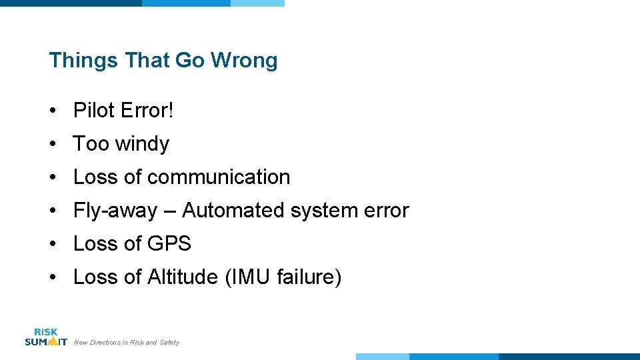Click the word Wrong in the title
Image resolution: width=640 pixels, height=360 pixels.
[x=244, y=61]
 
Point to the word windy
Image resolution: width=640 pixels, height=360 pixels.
[x=142, y=144]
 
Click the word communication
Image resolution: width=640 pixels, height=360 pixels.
[x=219, y=177]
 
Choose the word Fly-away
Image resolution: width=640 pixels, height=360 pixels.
[x=115, y=211]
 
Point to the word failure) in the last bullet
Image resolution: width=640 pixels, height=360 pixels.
[x=310, y=277]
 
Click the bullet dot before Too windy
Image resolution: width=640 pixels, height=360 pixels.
[x=53, y=144]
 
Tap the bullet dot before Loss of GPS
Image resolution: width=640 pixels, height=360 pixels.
[x=53, y=244]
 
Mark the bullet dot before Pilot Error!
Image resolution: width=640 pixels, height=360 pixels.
[x=53, y=111]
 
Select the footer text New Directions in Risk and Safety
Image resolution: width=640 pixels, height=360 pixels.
[x=126, y=343]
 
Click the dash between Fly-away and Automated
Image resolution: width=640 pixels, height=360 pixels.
[x=169, y=211]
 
